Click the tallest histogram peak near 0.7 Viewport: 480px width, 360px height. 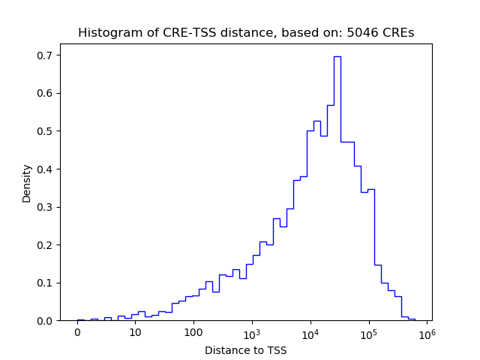coord(337,57)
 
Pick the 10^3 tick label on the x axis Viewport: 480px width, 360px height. coord(252,333)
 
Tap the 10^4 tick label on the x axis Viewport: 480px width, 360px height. coord(310,333)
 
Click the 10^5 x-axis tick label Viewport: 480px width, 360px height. coord(369,333)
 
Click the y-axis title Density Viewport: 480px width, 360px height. coord(27,183)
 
